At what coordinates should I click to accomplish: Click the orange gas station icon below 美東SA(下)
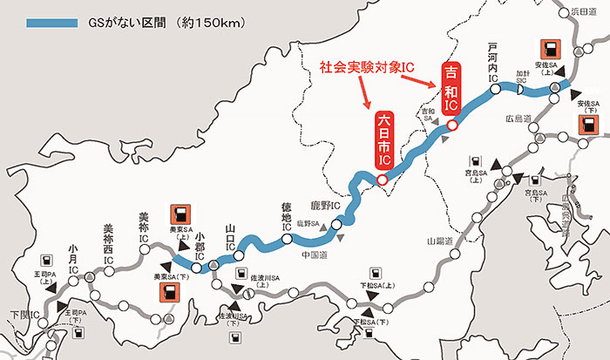coord(166,292)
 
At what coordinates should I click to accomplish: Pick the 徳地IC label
coord(286,214)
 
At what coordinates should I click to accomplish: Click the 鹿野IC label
coord(323,207)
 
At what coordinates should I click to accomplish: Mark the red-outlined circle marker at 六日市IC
coord(381,180)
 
